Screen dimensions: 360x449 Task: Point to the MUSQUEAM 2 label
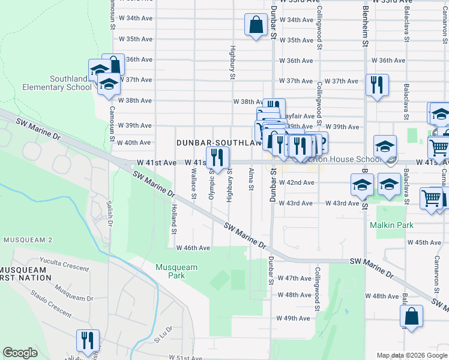click(x=28, y=239)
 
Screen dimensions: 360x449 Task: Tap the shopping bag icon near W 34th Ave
click(x=256, y=25)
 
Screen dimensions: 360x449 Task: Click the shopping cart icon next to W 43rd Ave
click(x=432, y=198)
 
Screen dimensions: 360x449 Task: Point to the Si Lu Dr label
click(x=163, y=334)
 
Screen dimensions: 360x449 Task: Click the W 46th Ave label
click(x=193, y=248)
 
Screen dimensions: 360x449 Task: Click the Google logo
click(x=20, y=353)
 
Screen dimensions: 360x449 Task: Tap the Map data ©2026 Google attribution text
click(x=411, y=355)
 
